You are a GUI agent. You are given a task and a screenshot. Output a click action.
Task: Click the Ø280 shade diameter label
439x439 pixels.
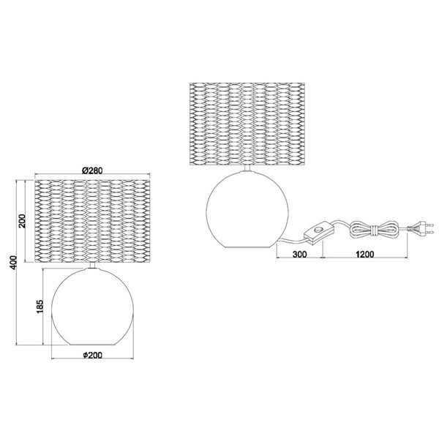click(x=93, y=170)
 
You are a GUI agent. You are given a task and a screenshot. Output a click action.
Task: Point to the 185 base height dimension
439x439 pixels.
click(x=40, y=306)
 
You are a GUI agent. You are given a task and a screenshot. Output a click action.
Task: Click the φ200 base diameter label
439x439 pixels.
click(x=93, y=355)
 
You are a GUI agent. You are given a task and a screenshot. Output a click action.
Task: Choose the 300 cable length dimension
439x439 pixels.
click(x=299, y=254)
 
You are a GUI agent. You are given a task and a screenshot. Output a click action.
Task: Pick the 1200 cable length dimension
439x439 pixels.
click(x=365, y=254)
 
